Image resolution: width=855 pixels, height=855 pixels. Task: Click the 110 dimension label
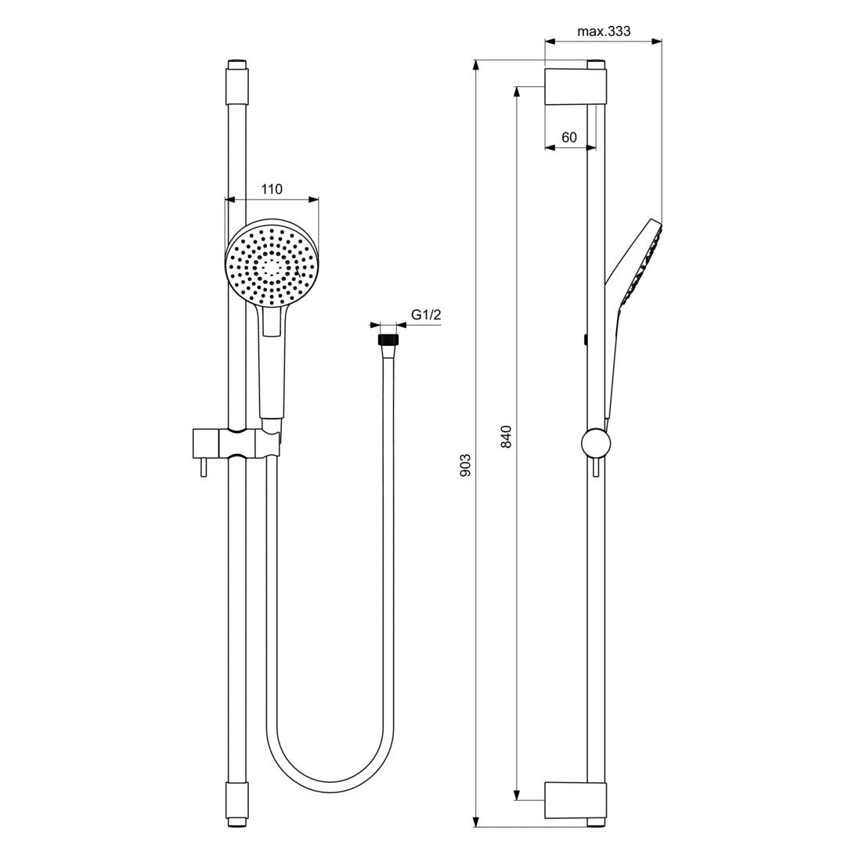pyautogui.click(x=271, y=189)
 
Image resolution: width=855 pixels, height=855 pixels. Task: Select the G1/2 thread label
pyautogui.click(x=426, y=315)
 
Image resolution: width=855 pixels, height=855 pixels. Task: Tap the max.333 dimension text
pyautogui.click(x=603, y=31)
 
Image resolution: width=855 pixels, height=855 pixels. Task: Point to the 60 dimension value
pyautogui.click(x=569, y=137)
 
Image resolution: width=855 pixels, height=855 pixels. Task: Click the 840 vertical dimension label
pyautogui.click(x=506, y=436)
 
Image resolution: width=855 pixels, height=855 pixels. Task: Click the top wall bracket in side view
pyautogui.click(x=575, y=85)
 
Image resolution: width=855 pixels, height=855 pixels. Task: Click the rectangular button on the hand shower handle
pyautogui.click(x=272, y=320)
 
